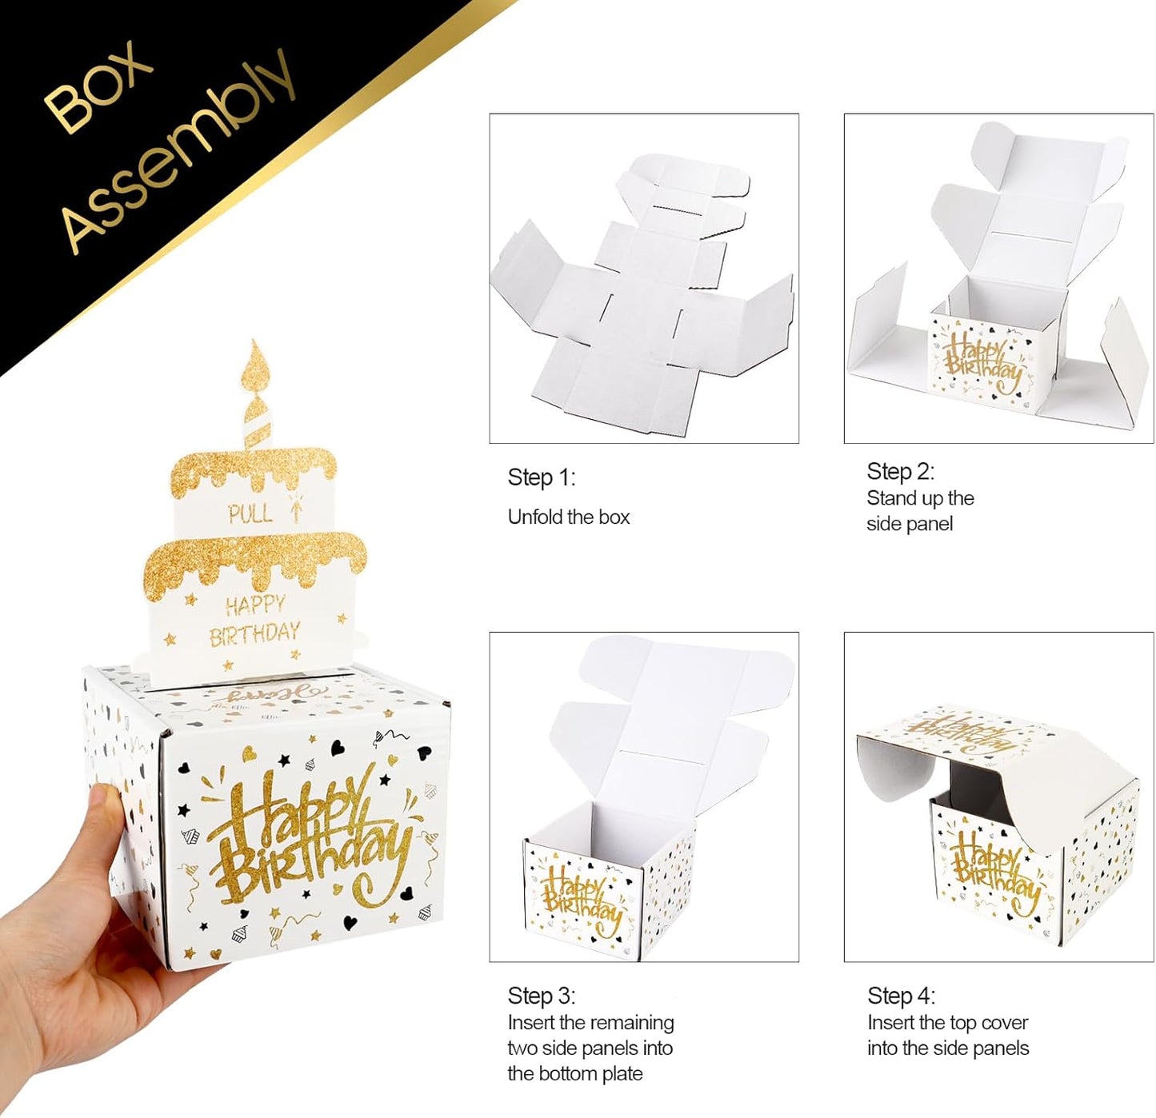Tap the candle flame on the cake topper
[257, 365]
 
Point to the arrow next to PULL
[295, 508]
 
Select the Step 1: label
[541, 477]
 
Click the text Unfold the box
[569, 517]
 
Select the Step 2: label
[900, 471]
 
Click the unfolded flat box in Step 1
[642, 297]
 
